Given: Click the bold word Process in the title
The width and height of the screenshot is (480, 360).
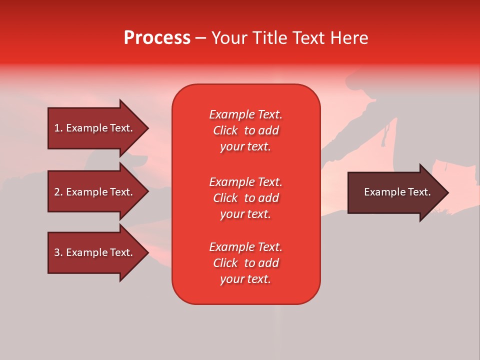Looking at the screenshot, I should click(x=157, y=38).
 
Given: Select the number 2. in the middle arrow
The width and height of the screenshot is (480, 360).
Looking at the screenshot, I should click(x=58, y=192).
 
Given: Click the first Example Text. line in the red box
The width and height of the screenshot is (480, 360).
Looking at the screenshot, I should click(x=245, y=114).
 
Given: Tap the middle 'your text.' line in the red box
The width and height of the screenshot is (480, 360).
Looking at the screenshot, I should click(x=245, y=214).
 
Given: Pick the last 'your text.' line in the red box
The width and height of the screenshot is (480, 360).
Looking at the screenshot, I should click(x=245, y=279).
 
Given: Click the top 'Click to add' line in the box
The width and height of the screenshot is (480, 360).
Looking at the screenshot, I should click(x=245, y=130).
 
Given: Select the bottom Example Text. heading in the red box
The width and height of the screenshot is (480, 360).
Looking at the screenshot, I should click(x=245, y=247).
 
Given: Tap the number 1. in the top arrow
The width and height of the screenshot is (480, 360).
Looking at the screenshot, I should click(x=58, y=128).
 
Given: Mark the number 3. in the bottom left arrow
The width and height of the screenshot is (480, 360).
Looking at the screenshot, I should click(x=58, y=252).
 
